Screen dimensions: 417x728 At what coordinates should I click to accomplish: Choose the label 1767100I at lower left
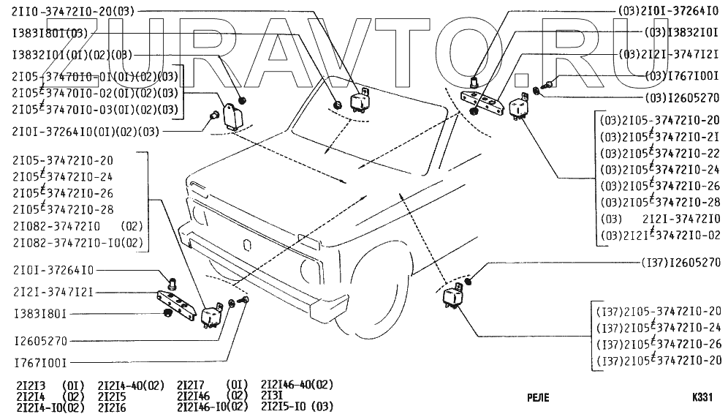(x=40, y=361)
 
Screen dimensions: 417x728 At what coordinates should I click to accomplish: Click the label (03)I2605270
(x=682, y=96)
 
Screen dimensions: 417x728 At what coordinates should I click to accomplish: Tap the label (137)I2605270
(x=680, y=261)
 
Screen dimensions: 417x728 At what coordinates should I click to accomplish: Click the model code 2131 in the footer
(x=271, y=394)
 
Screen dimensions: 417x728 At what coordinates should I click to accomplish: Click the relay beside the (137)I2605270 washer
(x=451, y=296)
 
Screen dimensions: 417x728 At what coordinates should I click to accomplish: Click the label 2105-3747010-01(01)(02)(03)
(x=95, y=75)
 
